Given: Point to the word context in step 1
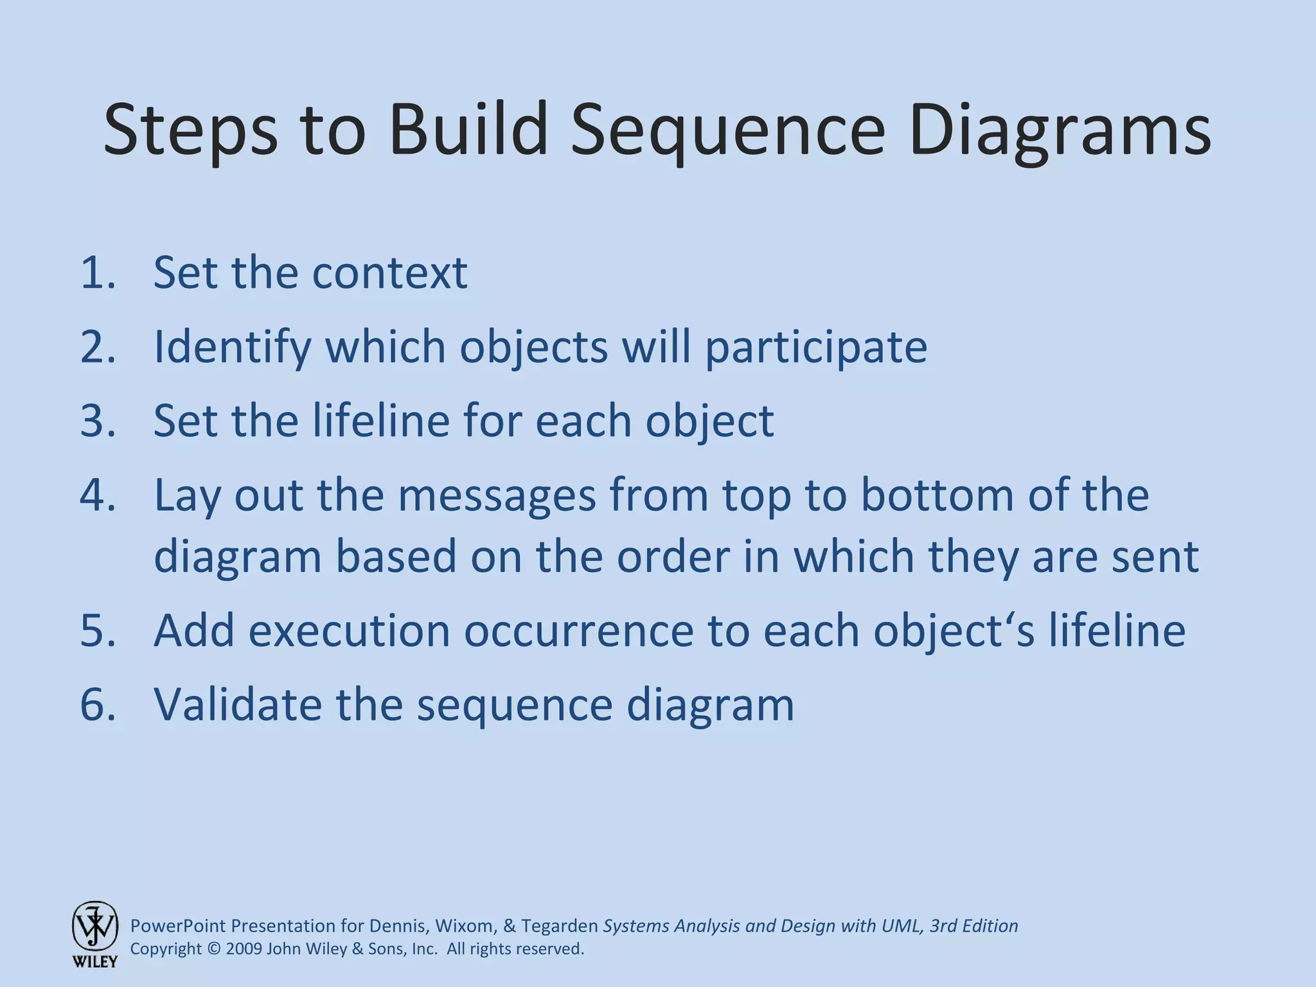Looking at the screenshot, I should click(x=389, y=272).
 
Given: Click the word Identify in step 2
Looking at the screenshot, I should click(x=232, y=347).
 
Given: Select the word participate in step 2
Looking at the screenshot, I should click(x=816, y=347).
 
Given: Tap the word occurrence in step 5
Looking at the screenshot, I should click(x=578, y=630).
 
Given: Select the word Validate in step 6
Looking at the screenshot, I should click(x=237, y=705).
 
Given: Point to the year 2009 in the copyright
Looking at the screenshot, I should click(x=244, y=949).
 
